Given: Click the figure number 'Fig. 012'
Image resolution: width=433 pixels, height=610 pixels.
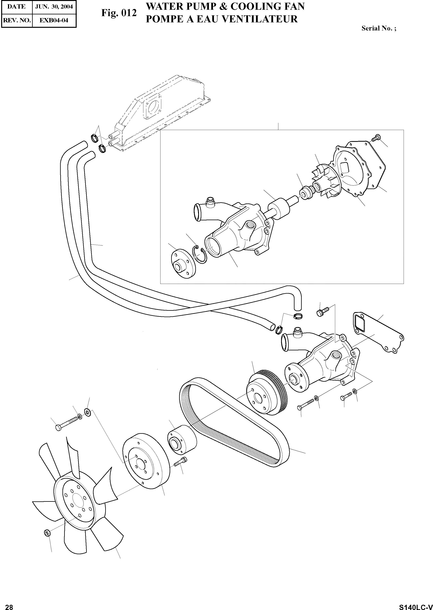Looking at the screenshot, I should coord(119,13).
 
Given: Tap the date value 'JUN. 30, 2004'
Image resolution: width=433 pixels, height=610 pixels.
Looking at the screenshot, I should coord(54,7).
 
